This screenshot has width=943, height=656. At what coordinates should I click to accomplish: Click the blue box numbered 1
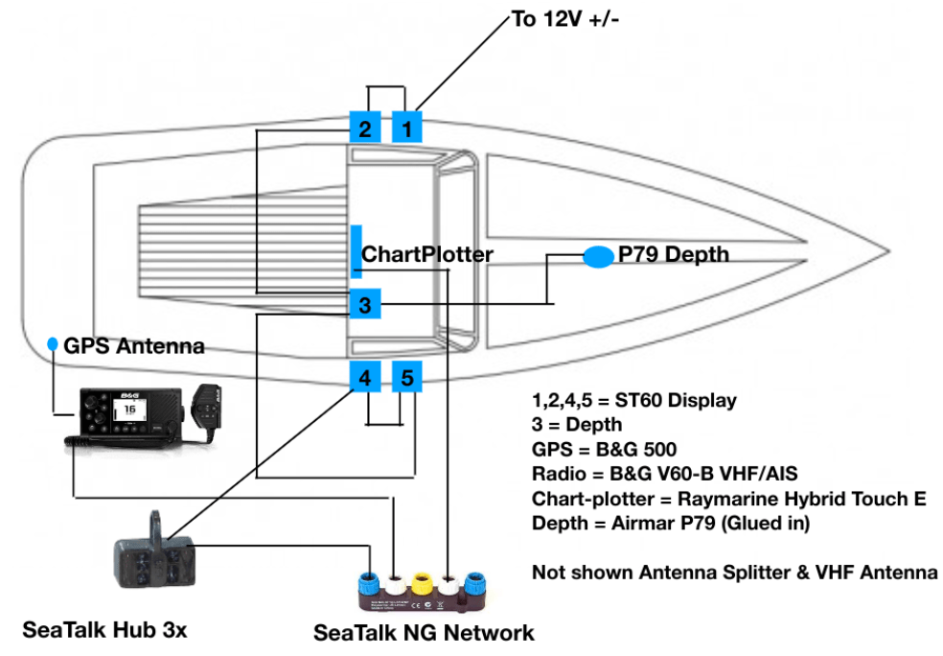pyautogui.click(x=406, y=128)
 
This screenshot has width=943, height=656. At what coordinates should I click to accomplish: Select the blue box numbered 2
pyautogui.click(x=364, y=128)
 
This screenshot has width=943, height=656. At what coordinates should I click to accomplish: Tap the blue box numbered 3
pyautogui.click(x=364, y=306)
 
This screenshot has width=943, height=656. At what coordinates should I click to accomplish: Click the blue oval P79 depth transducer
pyautogui.click(x=599, y=256)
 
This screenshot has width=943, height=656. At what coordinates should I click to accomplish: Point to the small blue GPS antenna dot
pyautogui.click(x=53, y=343)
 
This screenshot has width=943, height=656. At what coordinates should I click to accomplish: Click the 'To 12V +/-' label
pyautogui.click(x=566, y=19)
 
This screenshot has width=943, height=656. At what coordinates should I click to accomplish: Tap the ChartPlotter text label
pyautogui.click(x=426, y=255)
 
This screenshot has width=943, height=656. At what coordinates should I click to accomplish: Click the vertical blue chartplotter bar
pyautogui.click(x=355, y=254)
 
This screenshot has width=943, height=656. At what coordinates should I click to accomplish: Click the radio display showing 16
pyautogui.click(x=126, y=410)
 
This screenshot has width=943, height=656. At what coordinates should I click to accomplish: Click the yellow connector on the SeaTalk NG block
pyautogui.click(x=420, y=582)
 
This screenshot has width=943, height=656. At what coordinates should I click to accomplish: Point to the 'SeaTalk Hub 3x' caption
pyautogui.click(x=104, y=630)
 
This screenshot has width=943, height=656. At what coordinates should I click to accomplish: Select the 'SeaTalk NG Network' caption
pyautogui.click(x=424, y=633)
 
